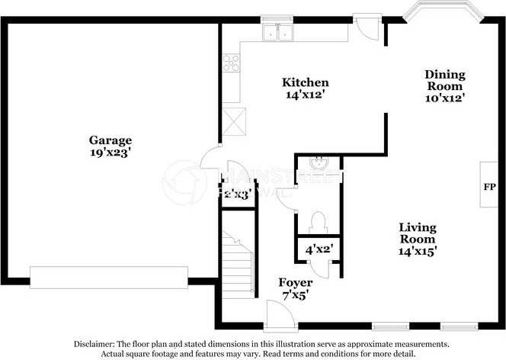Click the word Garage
[x=110, y=140]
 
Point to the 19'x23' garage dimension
[x=110, y=153]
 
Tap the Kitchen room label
[x=305, y=82]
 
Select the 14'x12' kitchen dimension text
[x=305, y=95]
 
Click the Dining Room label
[x=444, y=79]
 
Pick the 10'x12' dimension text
[x=444, y=97]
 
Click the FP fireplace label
[x=490, y=186]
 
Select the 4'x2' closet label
[x=319, y=249]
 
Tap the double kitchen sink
[x=277, y=34]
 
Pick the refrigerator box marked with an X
[x=236, y=120]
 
